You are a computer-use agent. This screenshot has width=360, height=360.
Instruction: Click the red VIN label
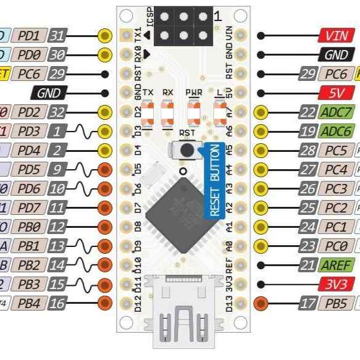pos(337,36)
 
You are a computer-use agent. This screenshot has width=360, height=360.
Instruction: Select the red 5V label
pos(337,94)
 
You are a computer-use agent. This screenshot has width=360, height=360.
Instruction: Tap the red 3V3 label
pos(337,285)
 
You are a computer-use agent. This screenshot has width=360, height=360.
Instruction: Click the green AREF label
pos(337,266)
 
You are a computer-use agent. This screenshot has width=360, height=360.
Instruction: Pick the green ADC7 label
pos(337,113)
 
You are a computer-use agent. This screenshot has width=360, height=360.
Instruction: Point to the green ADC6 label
pos(337,132)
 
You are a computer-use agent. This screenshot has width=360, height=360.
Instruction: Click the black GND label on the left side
pos(49,94)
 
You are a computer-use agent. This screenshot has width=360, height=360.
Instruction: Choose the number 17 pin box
pos(307,304)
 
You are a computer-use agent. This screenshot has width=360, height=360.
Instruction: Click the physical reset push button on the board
pos(183,150)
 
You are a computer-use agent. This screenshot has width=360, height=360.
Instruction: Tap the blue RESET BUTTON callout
pos(214,180)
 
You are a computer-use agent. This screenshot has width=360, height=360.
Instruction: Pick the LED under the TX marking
pos(148,114)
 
